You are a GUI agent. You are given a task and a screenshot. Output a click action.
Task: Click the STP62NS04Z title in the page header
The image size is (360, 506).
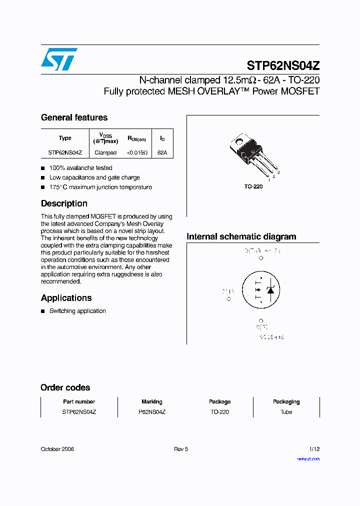pyautogui.click(x=283, y=65)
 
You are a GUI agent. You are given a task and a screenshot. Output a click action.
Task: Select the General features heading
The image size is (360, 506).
pyautogui.click(x=74, y=117)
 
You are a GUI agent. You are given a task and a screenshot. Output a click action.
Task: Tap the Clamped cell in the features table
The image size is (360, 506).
pyautogui.click(x=105, y=152)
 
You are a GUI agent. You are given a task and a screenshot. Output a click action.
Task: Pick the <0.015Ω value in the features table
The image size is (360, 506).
pyautogui.click(x=136, y=152)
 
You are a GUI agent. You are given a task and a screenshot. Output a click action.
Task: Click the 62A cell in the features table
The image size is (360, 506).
pyautogui.click(x=162, y=152)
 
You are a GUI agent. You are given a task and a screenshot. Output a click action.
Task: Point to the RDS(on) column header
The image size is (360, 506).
pyautogui.click(x=136, y=138)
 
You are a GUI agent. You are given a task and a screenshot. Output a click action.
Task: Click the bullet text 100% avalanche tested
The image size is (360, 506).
pyautogui.click(x=80, y=168)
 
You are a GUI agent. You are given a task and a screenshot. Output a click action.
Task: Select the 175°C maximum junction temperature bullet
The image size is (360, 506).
pyautogui.click(x=100, y=187)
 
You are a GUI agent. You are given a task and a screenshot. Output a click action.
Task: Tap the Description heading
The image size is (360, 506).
pyautogui.click(x=64, y=203)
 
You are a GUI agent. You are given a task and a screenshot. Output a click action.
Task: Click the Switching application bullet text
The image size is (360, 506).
pyautogui.click(x=77, y=311)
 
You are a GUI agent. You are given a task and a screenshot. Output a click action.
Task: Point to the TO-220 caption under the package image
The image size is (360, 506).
pyautogui.click(x=253, y=186)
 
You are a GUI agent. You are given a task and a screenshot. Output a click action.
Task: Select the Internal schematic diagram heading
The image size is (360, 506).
pyautogui.click(x=241, y=236)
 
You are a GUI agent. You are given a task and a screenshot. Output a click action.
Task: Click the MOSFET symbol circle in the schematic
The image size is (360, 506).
pyautogui.click(x=260, y=290)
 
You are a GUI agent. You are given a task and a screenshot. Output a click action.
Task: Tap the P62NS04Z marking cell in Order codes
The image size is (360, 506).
pyautogui.click(x=152, y=412)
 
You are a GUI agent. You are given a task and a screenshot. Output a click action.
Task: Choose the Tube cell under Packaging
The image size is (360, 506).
pyautogui.click(x=286, y=412)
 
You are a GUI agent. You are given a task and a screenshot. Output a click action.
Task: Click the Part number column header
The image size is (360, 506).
pyautogui.click(x=79, y=401)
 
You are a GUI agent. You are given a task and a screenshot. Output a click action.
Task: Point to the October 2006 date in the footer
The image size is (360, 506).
pyautogui.click(x=57, y=449)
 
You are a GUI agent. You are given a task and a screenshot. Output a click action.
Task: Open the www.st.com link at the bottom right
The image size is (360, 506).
pyautogui.click(x=308, y=458)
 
